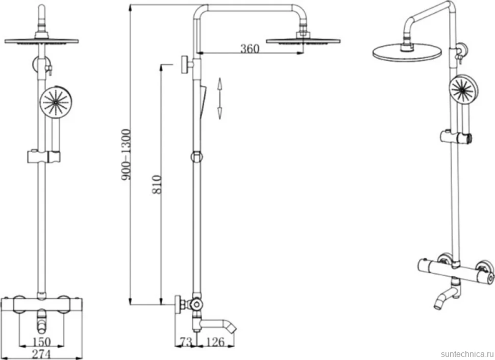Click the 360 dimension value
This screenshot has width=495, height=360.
coord(250,49)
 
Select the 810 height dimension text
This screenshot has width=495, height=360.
coord(157,184)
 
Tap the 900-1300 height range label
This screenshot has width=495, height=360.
coord(126,154)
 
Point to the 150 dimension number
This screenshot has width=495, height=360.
coord(41,342)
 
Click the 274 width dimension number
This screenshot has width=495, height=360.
coord(41,354)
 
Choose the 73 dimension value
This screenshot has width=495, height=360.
coord(186,342)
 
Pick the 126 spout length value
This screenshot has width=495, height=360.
coord(216,342)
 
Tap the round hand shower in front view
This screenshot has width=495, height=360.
coord(56,102)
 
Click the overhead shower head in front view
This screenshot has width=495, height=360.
coord(41,41)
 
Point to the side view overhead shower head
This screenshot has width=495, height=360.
coord(303,41)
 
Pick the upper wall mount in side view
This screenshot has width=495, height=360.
coord(187,65)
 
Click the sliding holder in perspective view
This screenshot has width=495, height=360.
coord(456,137)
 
